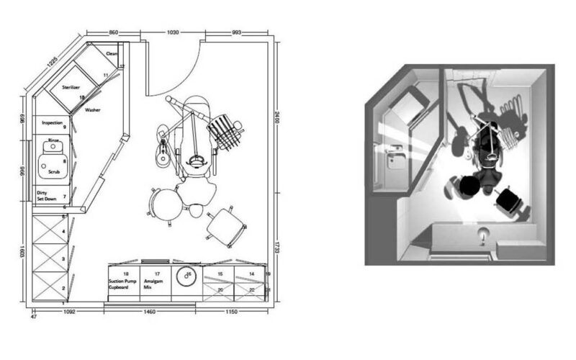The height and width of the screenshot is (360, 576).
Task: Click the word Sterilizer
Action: click(71, 86)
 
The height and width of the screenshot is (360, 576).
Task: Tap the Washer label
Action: click(92, 110)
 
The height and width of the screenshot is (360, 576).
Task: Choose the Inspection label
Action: click(53, 122)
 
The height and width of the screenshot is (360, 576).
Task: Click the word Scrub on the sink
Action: click(54, 173)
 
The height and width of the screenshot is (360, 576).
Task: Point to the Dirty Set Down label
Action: click(47, 195)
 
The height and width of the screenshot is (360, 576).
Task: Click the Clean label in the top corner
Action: click(112, 53)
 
